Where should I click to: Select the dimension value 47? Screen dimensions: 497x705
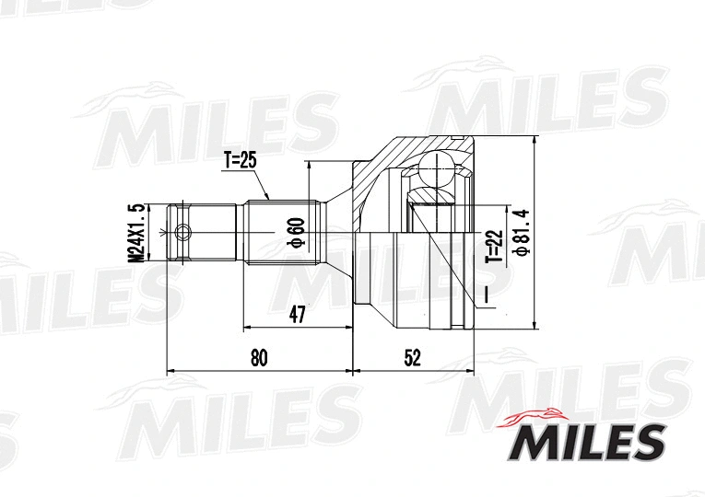[x=296, y=314]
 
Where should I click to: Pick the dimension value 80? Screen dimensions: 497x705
[x=259, y=358]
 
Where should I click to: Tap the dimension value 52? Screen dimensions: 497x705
[x=412, y=358]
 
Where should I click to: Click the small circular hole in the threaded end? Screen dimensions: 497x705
[x=183, y=232]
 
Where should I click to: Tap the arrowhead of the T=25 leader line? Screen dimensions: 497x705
[x=267, y=197]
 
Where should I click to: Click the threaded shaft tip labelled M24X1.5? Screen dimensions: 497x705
[x=180, y=232]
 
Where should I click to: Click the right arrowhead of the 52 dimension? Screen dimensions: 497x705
[x=471, y=372]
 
